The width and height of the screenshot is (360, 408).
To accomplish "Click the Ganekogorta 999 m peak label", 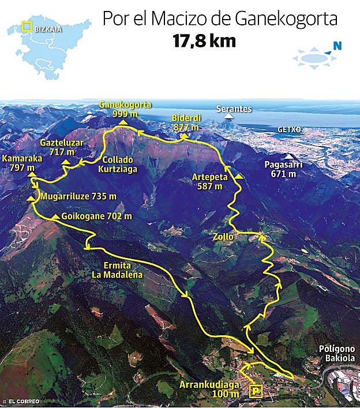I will [x=125, y=109].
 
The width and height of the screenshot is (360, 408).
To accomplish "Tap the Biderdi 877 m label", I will [x=185, y=122].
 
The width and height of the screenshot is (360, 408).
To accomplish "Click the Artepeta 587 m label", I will [x=209, y=182].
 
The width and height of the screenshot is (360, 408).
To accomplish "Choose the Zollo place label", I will [x=223, y=237].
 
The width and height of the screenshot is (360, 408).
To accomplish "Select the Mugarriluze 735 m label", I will [x=78, y=196].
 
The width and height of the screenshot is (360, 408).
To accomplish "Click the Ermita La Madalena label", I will [x=117, y=270].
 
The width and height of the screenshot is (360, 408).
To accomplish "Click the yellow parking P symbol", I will [x=256, y=391].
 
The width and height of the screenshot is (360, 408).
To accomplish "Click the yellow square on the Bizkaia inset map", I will [x=26, y=26].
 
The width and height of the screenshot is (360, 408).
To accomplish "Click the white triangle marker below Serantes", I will [x=230, y=117].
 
